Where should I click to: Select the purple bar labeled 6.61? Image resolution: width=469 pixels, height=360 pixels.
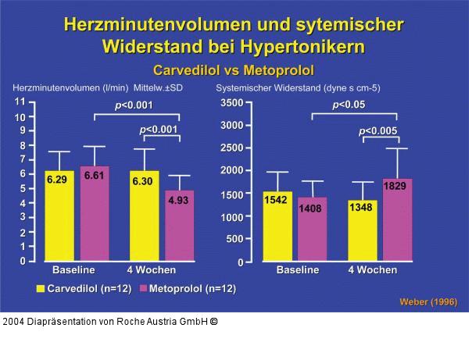tap(94, 214)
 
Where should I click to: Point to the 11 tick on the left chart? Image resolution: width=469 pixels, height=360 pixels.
tap(20, 102)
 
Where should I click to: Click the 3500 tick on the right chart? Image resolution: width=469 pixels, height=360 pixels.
tap(231, 102)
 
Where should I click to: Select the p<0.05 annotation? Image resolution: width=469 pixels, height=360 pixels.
tap(349, 105)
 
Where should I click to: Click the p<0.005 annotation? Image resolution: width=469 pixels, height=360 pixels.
tap(378, 131)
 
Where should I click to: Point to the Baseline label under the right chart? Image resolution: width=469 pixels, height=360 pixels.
tap(298, 270)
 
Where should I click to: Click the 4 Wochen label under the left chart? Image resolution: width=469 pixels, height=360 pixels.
tap(150, 270)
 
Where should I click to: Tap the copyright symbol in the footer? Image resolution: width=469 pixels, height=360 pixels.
tap(213, 322)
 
